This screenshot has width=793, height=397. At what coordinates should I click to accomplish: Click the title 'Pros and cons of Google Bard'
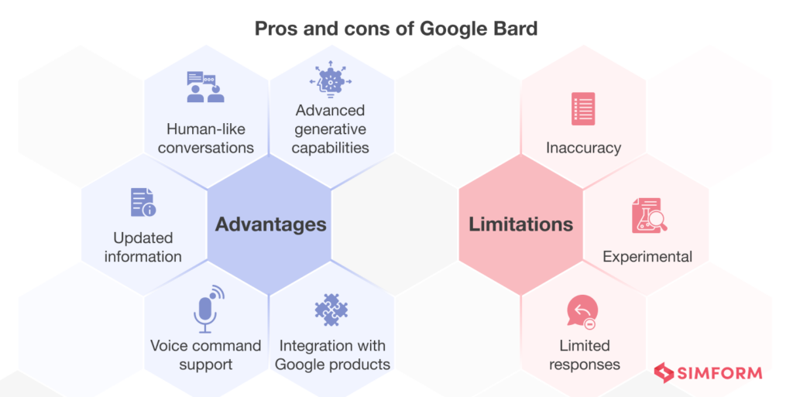(x=396, y=29)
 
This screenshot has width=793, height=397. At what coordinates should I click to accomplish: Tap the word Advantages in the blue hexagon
(x=270, y=224)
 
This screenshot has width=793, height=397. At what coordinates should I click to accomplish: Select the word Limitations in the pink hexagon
(x=520, y=224)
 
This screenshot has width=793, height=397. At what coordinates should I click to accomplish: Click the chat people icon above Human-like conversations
(x=205, y=87)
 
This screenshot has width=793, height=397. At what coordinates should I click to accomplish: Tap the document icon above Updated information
(x=142, y=202)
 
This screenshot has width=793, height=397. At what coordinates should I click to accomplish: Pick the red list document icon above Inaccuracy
(x=582, y=109)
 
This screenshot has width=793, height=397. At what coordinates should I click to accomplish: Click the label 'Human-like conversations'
(x=206, y=138)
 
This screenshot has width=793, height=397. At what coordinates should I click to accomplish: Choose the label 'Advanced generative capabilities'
(x=331, y=128)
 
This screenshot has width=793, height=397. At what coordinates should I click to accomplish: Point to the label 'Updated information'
(x=143, y=247)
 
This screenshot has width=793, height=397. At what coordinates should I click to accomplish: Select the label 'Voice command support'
(x=206, y=354)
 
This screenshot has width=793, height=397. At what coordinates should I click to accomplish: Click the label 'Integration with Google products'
(x=332, y=354)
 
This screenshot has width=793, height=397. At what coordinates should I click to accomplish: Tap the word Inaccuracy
(x=583, y=147)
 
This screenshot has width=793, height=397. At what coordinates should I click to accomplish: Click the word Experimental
(x=647, y=256)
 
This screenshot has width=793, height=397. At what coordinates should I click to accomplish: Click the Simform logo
(x=708, y=373)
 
